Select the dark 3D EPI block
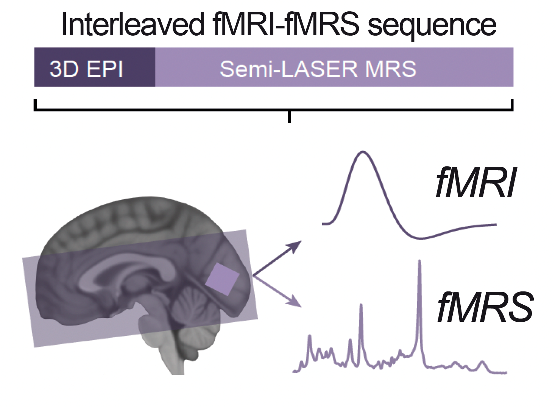click(95, 67)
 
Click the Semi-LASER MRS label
click(318, 69)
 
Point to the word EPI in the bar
click(105, 69)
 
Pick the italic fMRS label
click(485, 307)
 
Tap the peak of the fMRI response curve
click(363, 152)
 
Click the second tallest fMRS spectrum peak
click(361, 305)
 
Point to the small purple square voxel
click(222, 279)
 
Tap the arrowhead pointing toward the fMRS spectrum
click(297, 304)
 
